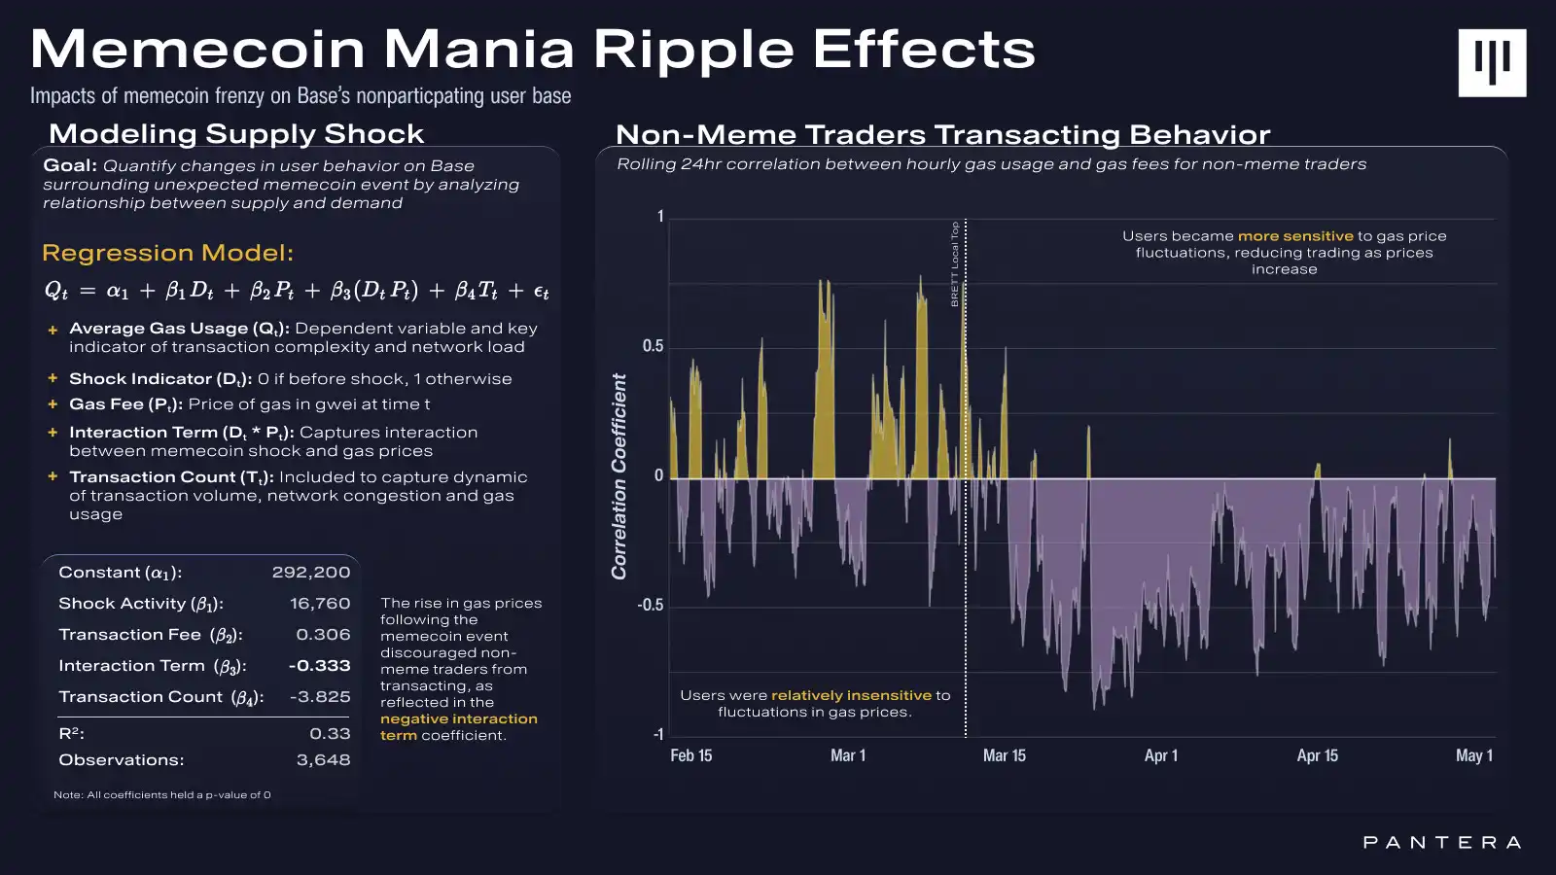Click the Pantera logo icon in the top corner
[1492, 62]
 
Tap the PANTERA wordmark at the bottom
[1441, 842]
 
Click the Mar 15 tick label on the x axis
[1004, 755]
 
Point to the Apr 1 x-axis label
[1160, 755]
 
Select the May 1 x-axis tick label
[1473, 755]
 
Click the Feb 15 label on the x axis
[690, 755]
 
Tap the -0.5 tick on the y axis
[651, 605]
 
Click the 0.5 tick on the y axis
[653, 346]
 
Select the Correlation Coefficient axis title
[619, 476]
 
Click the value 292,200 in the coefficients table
[310, 573]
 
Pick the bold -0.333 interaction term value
[319, 666]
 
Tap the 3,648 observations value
[323, 760]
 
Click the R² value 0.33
[330, 734]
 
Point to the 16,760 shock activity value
[320, 604]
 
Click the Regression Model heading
[167, 254]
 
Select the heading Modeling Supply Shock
[236, 134]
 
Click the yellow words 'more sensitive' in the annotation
[1294, 236]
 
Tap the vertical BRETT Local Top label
[955, 263]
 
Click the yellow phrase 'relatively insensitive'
[851, 695]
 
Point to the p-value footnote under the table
[162, 795]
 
